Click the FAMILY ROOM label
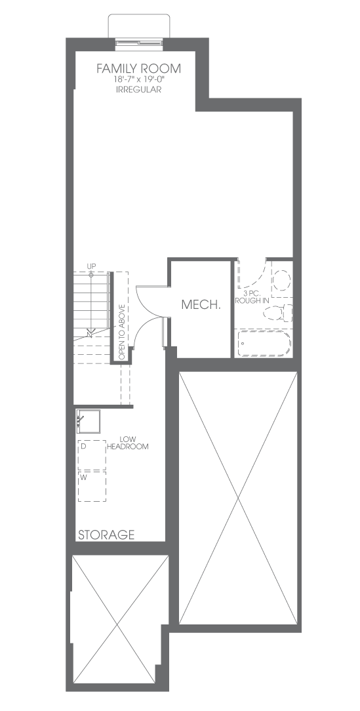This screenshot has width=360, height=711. click(139, 68)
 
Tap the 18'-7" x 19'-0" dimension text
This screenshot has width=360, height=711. click(139, 79)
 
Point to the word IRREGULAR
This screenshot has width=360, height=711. click(139, 90)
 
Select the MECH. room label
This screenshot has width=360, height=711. click(201, 305)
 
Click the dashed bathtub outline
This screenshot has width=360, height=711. click(264, 343)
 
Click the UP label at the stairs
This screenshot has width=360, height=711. click(91, 266)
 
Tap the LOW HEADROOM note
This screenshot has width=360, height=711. click(129, 443)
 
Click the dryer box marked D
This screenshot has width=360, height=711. click(92, 455)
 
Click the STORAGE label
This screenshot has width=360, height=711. click(106, 535)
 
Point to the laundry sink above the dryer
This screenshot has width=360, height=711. click(88, 421)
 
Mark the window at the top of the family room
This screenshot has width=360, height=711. click(139, 43)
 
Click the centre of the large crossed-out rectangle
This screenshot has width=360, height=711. click(239, 498)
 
